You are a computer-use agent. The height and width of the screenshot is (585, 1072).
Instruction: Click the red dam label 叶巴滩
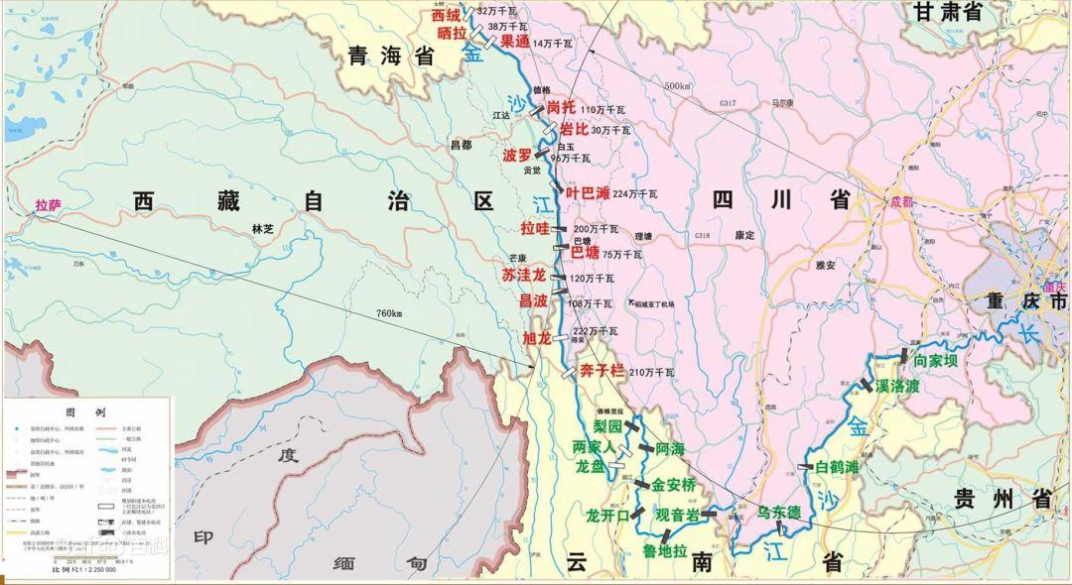point(588,193)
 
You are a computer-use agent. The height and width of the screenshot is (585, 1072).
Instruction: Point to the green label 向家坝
point(936,360)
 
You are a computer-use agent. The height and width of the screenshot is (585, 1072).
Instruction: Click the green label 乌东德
point(778,513)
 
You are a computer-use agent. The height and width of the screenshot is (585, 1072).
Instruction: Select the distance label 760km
point(389,314)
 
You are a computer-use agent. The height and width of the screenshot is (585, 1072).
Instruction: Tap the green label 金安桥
point(674,486)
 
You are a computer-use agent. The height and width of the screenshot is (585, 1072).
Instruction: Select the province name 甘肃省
point(947,12)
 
